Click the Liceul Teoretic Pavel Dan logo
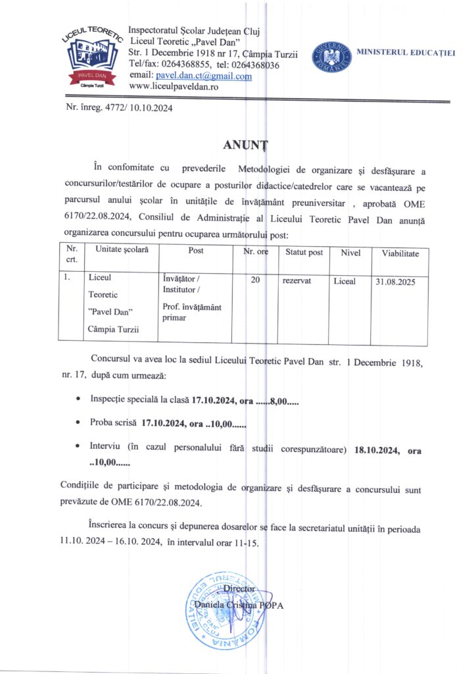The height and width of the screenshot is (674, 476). click(x=91, y=57)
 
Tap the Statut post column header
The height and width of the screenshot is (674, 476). click(x=304, y=253)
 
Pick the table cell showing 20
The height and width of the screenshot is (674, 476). click(x=256, y=281)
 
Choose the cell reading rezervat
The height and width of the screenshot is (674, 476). click(x=297, y=281)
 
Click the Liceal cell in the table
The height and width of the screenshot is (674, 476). click(x=345, y=281)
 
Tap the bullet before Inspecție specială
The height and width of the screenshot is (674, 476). click(x=79, y=400)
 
